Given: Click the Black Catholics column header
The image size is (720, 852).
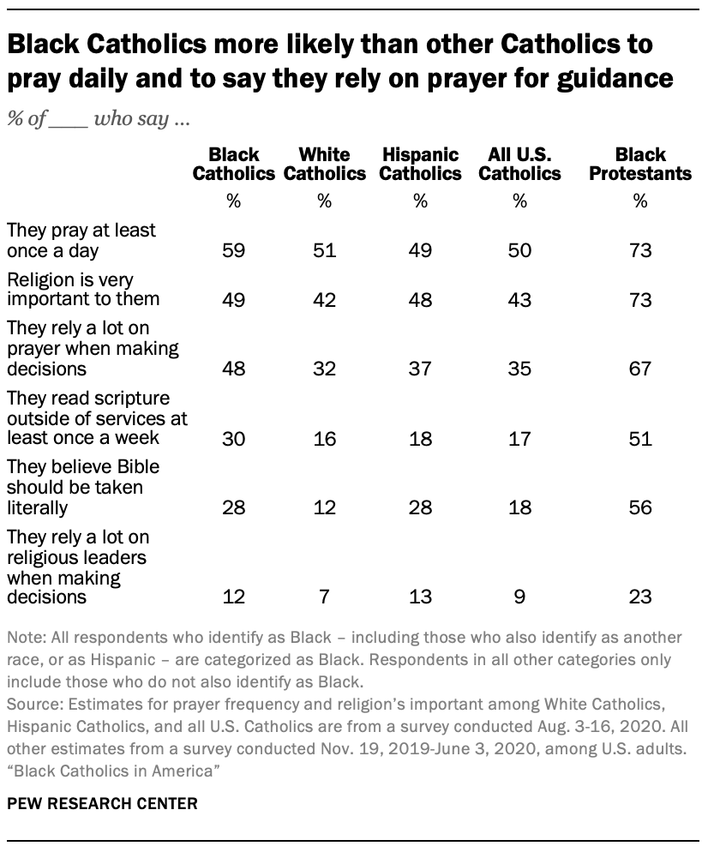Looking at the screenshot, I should click(x=233, y=165).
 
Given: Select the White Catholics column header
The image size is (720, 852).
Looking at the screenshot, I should click(x=324, y=165).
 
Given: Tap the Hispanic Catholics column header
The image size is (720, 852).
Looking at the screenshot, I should click(x=420, y=165).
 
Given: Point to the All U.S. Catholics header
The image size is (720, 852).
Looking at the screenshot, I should click(x=519, y=165).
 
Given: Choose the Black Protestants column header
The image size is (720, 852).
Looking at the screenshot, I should click(x=640, y=165).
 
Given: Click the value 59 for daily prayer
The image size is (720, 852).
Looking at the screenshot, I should click(x=233, y=250).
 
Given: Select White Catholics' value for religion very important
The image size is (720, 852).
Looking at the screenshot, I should click(x=324, y=300).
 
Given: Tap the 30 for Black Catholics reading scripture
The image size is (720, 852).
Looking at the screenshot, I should click(x=233, y=440).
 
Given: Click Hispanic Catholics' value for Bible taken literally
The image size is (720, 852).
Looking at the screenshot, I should click(x=420, y=507).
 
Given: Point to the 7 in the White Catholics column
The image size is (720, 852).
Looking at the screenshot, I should click(x=324, y=596).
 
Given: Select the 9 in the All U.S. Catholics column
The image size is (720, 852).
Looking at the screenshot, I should click(x=519, y=596).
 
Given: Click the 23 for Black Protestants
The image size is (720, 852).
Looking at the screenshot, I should click(x=639, y=596).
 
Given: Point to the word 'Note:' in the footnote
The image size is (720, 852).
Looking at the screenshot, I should click(x=26, y=639).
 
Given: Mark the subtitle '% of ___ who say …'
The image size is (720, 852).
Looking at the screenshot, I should click(x=99, y=120).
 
